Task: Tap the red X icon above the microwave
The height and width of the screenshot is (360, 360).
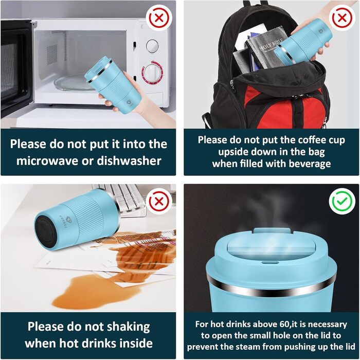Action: [x=159, y=17]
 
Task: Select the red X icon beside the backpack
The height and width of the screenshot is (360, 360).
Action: [x=342, y=17]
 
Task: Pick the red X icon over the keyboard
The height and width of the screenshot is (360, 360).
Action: [x=159, y=202]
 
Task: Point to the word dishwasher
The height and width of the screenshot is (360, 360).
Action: [x=129, y=160]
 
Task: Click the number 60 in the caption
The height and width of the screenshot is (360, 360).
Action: [x=284, y=324]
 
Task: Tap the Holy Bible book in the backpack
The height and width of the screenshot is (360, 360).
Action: [x=267, y=49]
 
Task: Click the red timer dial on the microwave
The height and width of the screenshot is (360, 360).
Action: [x=152, y=73]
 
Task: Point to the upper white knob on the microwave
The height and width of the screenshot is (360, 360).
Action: [x=152, y=46]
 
